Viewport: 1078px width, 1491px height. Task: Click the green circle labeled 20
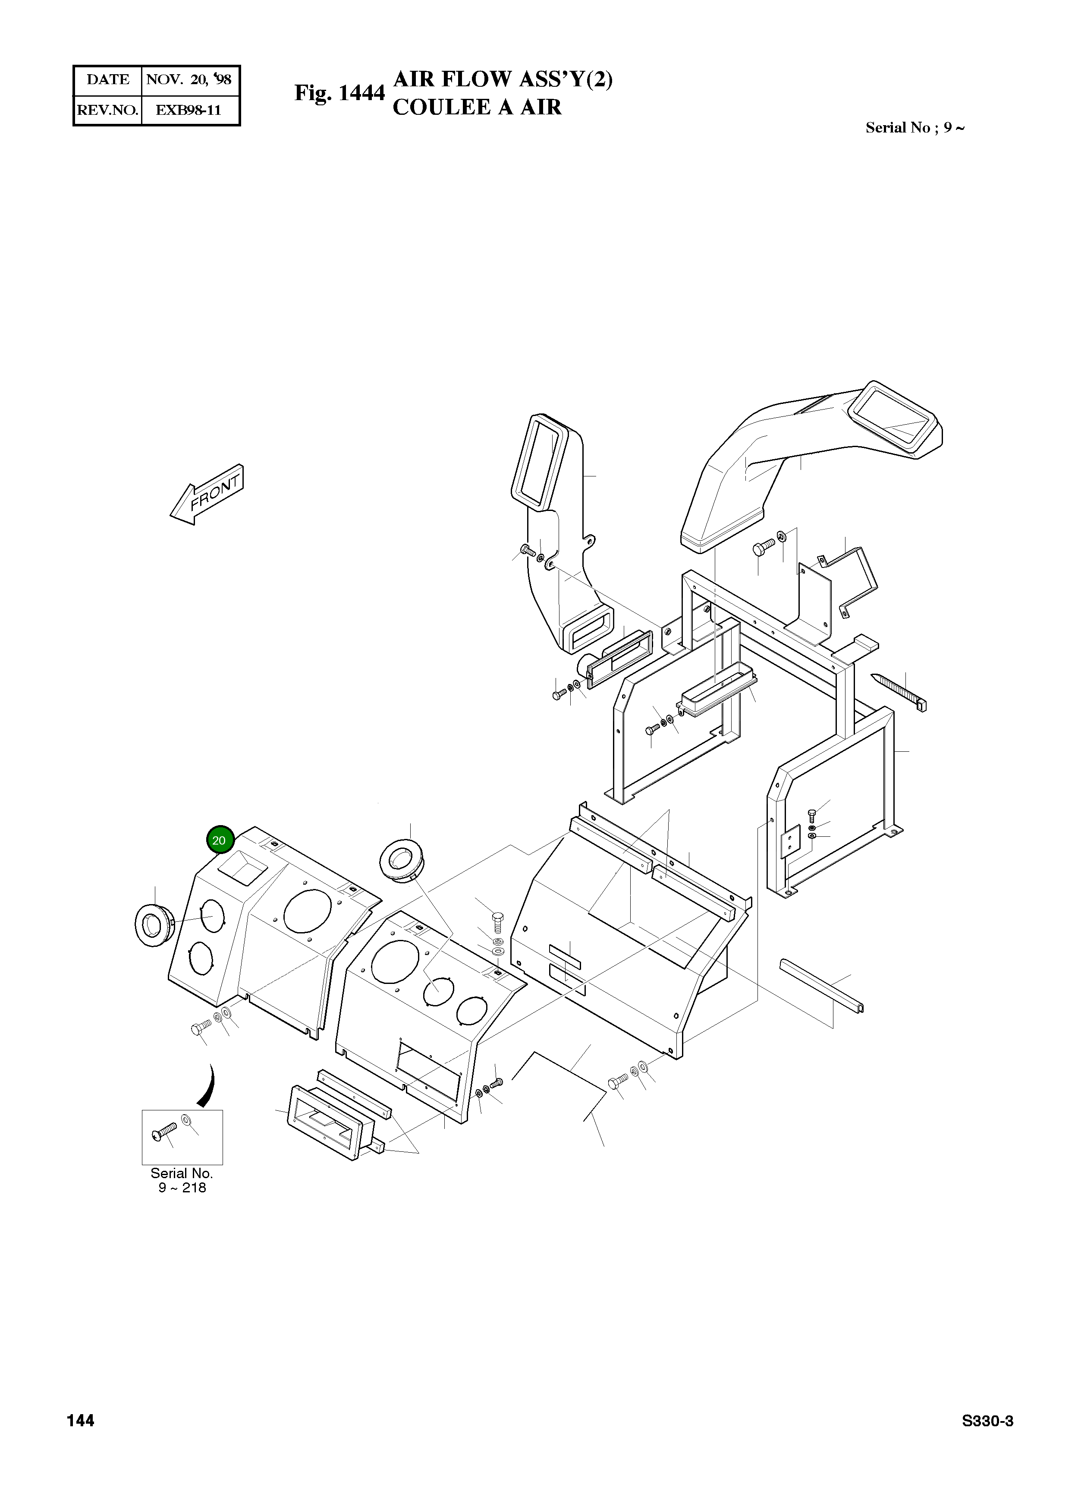click(x=219, y=840)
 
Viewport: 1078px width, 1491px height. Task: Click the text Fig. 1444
click(x=339, y=93)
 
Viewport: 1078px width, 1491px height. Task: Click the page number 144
click(x=80, y=1421)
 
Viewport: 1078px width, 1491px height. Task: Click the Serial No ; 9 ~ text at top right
click(x=915, y=128)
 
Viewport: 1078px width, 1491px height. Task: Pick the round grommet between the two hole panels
click(x=402, y=859)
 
